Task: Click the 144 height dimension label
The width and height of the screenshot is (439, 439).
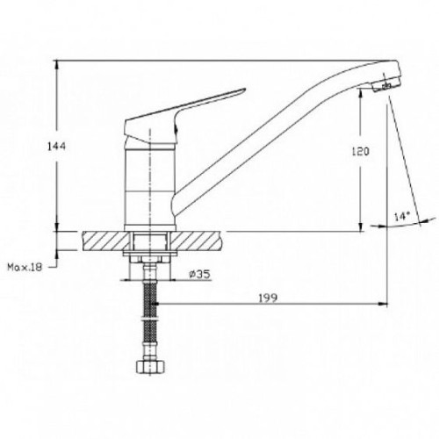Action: (x=57, y=146)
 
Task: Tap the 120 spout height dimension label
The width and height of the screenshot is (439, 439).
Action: (x=360, y=151)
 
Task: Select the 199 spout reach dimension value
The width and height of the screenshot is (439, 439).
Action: (x=268, y=298)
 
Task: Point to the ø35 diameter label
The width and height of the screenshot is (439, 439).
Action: (x=200, y=274)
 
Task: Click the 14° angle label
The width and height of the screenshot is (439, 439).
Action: (x=402, y=217)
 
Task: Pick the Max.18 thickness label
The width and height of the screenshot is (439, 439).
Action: (x=25, y=267)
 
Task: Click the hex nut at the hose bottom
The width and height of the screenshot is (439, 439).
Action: (x=150, y=366)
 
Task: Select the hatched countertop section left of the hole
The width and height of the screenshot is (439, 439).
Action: (x=106, y=241)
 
